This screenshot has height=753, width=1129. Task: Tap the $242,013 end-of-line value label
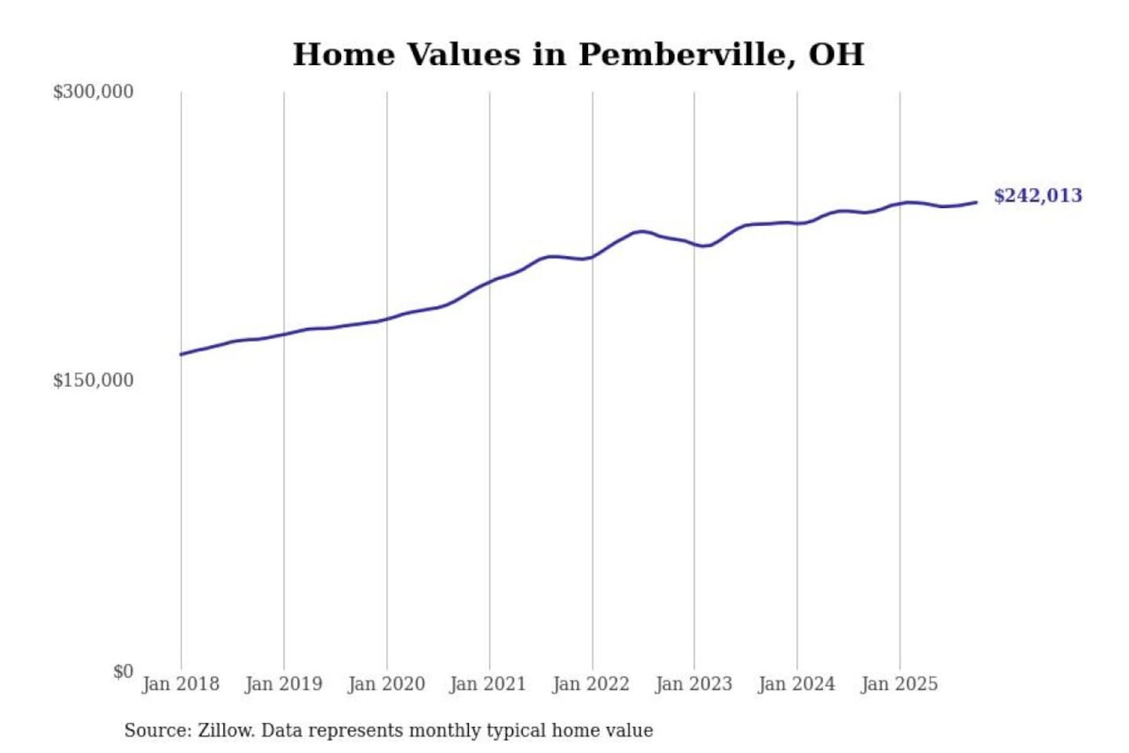(1037, 195)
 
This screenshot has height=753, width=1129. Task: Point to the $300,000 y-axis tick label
(93, 92)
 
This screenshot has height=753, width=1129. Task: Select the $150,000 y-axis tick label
(93, 380)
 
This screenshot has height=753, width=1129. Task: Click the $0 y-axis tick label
(123, 671)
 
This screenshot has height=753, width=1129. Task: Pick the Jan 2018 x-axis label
(180, 684)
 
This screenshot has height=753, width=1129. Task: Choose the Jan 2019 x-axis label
(283, 684)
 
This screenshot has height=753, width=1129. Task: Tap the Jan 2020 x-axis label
(386, 684)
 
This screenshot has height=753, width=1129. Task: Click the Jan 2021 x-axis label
(488, 684)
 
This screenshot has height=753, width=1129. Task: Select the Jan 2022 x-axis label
(590, 684)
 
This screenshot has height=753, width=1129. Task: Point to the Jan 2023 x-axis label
(693, 684)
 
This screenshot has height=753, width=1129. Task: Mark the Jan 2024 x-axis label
(796, 684)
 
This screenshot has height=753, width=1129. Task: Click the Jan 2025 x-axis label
(898, 684)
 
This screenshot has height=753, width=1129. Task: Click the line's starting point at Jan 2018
(181, 355)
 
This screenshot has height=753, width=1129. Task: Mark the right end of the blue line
(976, 202)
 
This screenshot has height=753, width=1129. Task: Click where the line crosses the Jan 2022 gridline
(593, 256)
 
